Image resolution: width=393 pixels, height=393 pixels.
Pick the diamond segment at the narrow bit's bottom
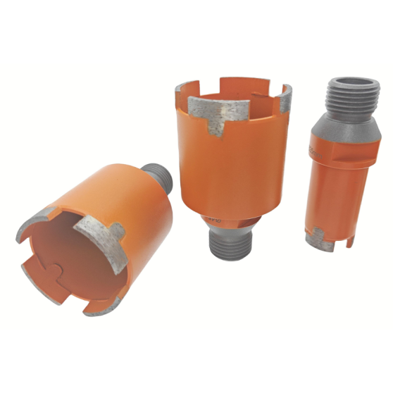coord(316,239)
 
